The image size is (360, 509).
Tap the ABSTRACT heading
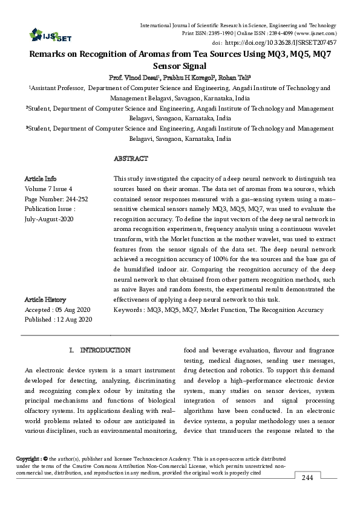pos(131,158)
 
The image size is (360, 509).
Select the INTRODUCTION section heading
pos(105,350)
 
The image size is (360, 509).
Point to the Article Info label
pos(40,179)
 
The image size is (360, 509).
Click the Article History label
pos(45,300)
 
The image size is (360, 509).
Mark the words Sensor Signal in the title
pos(180,66)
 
